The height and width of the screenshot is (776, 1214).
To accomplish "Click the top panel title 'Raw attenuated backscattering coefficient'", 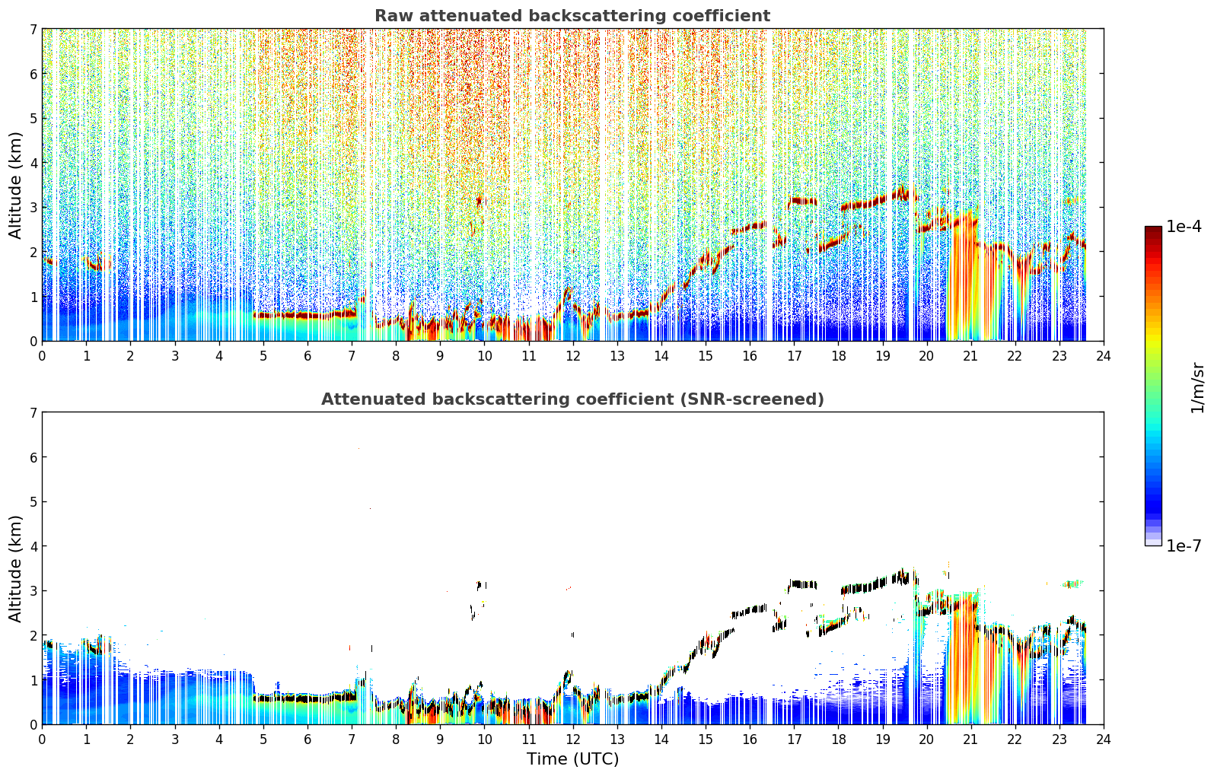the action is pyautogui.click(x=572, y=16).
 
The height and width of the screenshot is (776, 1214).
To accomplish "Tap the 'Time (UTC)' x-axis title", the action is pyautogui.click(x=572, y=759).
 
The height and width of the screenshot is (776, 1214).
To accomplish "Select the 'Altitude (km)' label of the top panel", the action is pyautogui.click(x=14, y=186).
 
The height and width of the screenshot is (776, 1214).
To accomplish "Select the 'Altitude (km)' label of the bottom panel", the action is pyautogui.click(x=14, y=568).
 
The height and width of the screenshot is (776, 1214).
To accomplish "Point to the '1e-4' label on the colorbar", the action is pyautogui.click(x=1184, y=227).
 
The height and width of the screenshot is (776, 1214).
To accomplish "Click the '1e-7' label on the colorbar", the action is pyautogui.click(x=1184, y=545).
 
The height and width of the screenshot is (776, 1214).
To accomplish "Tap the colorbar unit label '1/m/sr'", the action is pyautogui.click(x=1196, y=389).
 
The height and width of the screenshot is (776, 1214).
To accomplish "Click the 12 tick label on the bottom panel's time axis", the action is pyautogui.click(x=573, y=739).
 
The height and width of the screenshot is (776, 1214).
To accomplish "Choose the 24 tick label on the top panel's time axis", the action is pyautogui.click(x=1104, y=356).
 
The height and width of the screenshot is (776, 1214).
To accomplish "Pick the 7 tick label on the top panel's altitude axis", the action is pyautogui.click(x=33, y=29).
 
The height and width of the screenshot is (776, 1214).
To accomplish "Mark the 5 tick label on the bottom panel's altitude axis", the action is pyautogui.click(x=33, y=502).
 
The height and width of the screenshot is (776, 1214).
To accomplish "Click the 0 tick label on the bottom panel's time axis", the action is pyautogui.click(x=43, y=739).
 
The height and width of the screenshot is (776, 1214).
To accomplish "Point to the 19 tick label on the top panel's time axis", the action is pyautogui.click(x=882, y=356).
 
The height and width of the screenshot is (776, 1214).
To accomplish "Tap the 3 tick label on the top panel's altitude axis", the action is pyautogui.click(x=33, y=208).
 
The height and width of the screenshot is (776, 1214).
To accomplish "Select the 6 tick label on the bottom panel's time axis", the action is pyautogui.click(x=307, y=739).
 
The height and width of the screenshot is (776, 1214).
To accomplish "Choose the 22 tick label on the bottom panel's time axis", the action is pyautogui.click(x=1015, y=739).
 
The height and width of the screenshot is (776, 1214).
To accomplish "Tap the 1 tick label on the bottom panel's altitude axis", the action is pyautogui.click(x=33, y=680).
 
